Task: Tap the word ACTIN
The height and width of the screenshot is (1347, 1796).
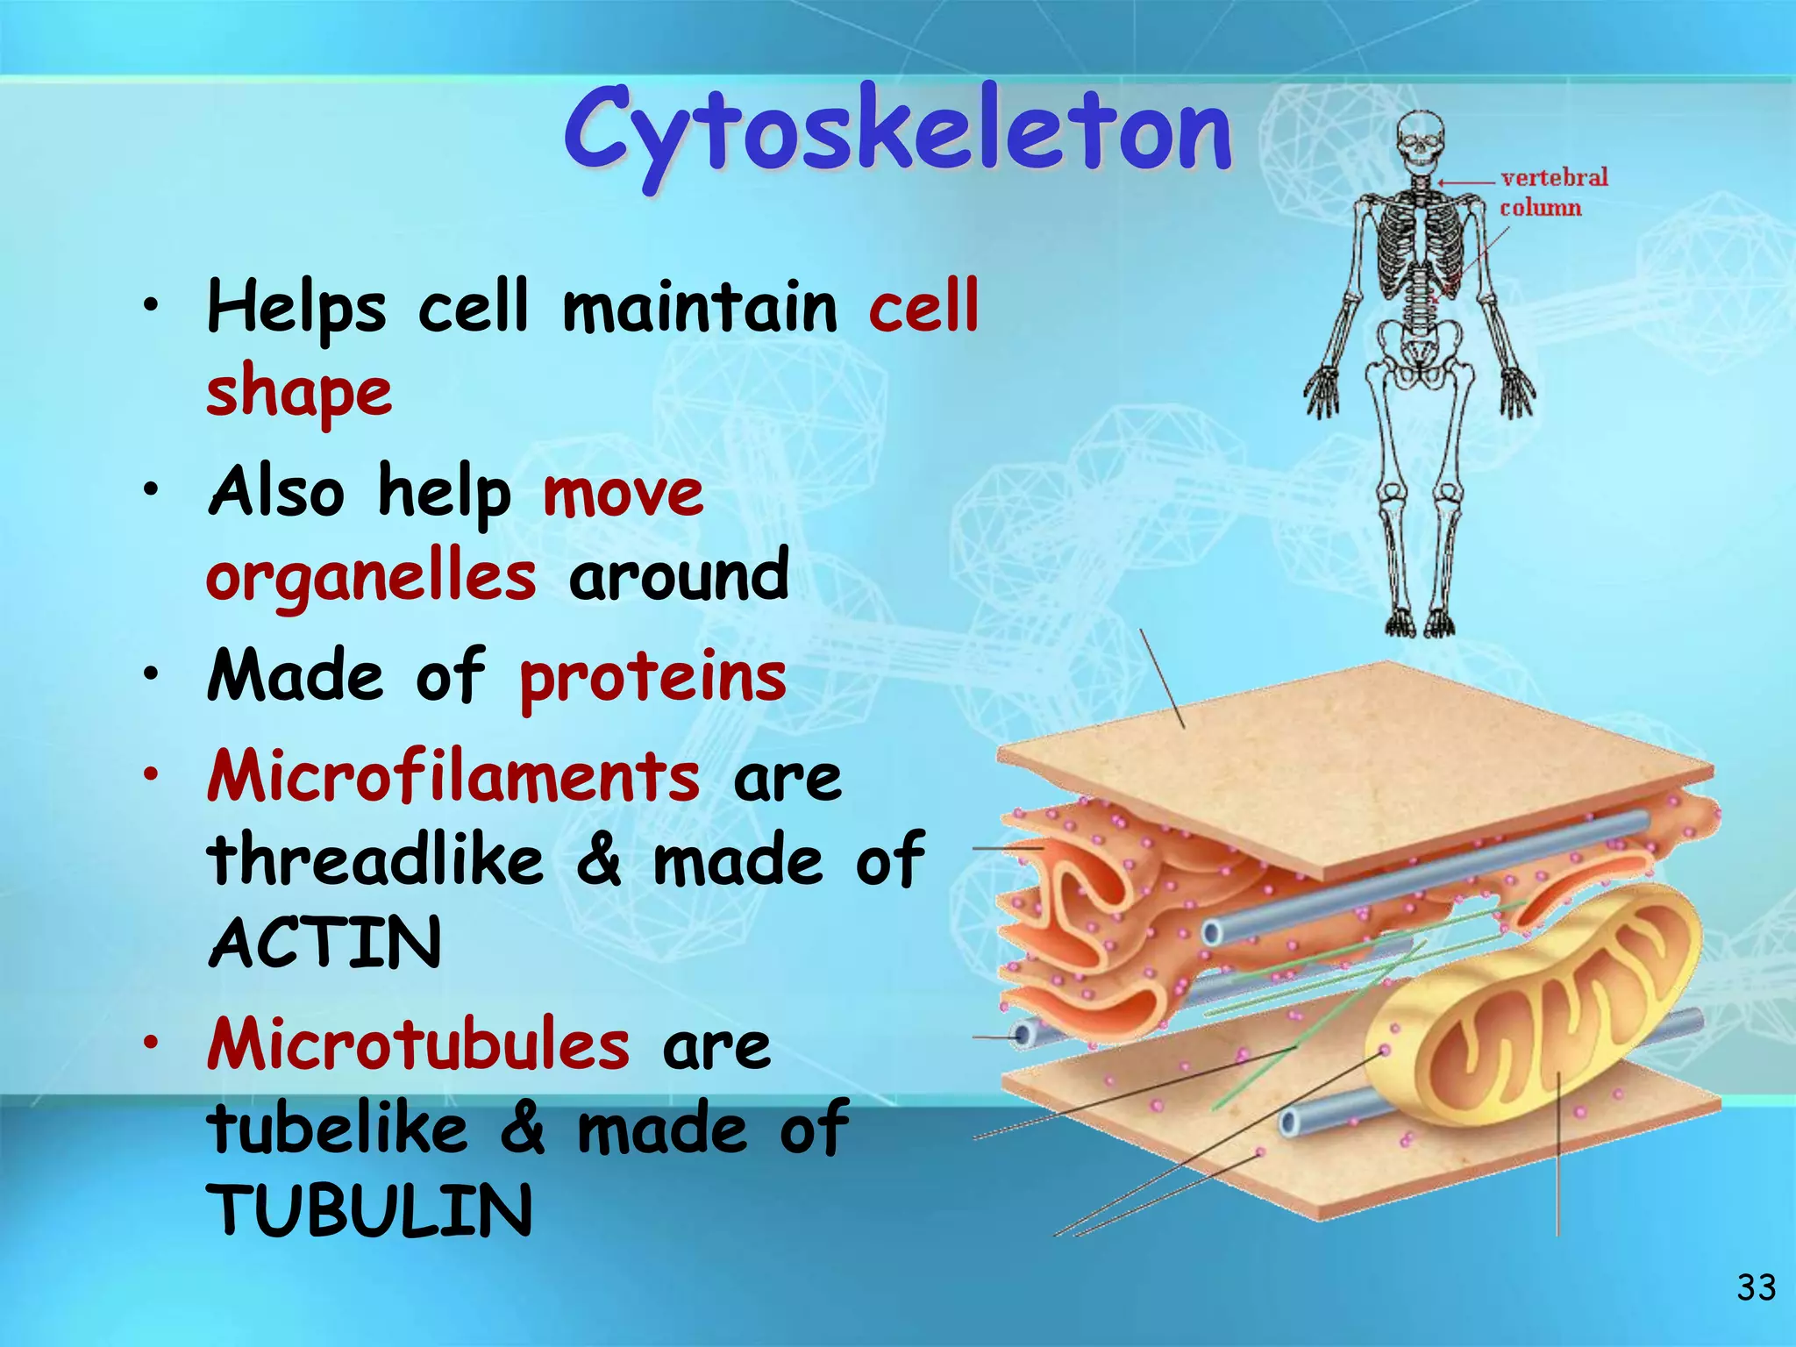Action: pos(325,943)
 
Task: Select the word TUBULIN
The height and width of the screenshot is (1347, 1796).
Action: pos(369,1210)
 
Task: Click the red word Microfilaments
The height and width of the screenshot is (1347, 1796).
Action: pos(453,777)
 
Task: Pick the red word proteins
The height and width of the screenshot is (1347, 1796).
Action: pos(652,678)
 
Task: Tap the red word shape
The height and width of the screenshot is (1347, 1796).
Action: pos(299,392)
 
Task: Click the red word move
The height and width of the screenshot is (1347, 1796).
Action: pos(623,493)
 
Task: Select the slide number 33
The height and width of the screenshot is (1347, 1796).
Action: pos(1756,1287)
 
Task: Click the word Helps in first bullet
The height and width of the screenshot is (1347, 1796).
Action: pos(296,309)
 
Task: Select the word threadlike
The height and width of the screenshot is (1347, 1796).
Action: pos(375,860)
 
